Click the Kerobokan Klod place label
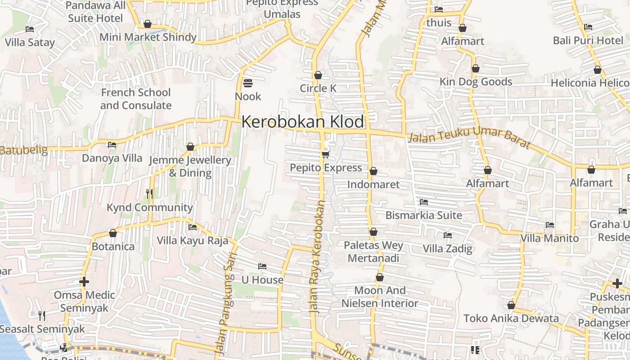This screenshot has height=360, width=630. click(302, 122)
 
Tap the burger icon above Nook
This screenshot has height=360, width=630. click(247, 83)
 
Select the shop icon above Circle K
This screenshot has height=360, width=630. click(318, 75)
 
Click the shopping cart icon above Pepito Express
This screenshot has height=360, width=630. click(325, 155)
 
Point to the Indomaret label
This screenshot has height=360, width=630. click(373, 184)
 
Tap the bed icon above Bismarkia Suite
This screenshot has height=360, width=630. click(423, 202)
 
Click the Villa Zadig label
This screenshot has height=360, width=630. click(447, 248)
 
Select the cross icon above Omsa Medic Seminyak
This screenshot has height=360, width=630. click(84, 282)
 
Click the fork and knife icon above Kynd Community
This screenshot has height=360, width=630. click(149, 194)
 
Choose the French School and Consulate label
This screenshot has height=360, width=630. click(135, 99)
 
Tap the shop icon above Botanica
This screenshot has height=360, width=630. click(113, 234)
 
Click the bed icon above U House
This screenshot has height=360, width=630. click(262, 266)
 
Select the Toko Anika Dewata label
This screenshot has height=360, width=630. click(511, 319)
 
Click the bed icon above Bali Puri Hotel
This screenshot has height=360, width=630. click(588, 27)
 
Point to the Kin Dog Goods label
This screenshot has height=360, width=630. click(476, 82)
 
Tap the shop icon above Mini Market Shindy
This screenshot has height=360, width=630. click(148, 24)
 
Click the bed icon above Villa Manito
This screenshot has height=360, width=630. click(549, 225)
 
